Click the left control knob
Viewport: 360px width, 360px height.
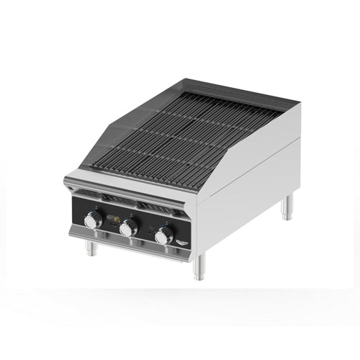coord(93,221)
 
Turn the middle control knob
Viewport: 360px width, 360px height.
coord(129,228)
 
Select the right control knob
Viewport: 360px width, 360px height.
coord(165,235)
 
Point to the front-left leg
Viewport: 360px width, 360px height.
coord(90,248)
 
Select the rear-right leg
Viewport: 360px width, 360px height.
coord(287,207)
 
